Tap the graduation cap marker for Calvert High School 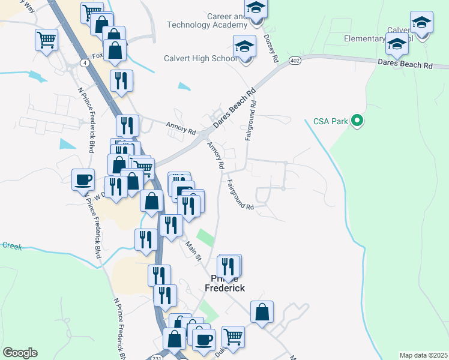[x=244, y=47]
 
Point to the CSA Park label [x=331, y=122]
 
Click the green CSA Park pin [x=358, y=122]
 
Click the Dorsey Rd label [x=271, y=48]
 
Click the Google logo [x=20, y=353]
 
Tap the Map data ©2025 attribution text [x=423, y=355]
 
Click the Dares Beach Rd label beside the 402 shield [x=405, y=64]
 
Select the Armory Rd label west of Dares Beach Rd [x=181, y=127]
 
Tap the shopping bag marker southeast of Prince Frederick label [x=262, y=312]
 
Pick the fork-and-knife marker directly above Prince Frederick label [x=228, y=266]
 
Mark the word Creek [x=11, y=245]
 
